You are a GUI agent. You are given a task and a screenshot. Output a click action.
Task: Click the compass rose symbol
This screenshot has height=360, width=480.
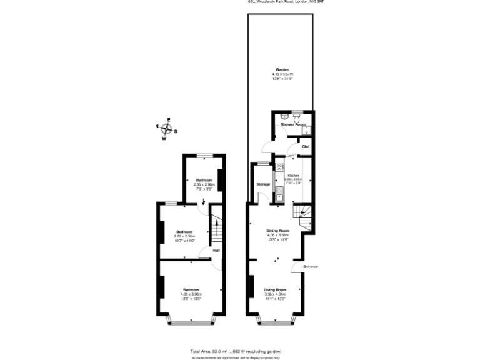[166, 130]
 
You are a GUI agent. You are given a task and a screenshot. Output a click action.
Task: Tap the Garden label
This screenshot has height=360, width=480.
[282, 70]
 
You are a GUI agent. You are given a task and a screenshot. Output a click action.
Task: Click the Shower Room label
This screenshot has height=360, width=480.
[292, 125]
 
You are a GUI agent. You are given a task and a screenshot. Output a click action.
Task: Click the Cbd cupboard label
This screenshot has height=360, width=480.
[306, 146]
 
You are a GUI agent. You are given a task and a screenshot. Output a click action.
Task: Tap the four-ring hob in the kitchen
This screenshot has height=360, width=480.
[279, 167]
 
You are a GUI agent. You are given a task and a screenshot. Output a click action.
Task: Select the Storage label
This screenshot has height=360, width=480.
[263, 184]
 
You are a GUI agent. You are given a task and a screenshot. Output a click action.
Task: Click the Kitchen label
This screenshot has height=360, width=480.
[293, 176]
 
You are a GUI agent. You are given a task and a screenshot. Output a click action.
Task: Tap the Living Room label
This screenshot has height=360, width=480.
[275, 290]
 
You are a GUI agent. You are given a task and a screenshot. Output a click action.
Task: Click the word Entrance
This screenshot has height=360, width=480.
[311, 267]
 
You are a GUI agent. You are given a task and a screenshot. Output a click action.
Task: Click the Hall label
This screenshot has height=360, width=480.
[216, 251]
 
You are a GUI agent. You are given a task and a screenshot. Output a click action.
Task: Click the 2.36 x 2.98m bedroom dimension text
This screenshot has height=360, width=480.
[204, 184]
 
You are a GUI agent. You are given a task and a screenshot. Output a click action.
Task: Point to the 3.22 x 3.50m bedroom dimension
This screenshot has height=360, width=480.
[184, 236]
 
